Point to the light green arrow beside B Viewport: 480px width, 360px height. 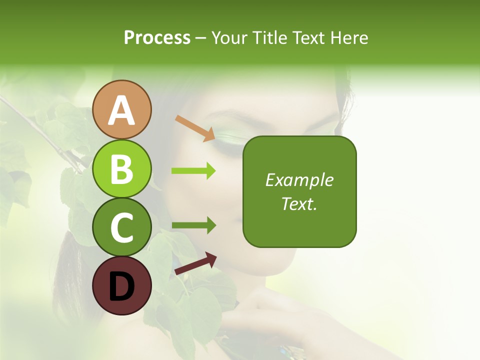coord(193,171)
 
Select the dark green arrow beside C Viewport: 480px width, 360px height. coord(193,225)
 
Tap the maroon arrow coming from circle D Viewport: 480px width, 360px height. coord(195,263)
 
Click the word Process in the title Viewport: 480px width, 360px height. coord(157,37)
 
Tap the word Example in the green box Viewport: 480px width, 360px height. coord(299,180)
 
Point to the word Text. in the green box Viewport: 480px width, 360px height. coord(299,203)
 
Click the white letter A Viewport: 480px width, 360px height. coord(121,110)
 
